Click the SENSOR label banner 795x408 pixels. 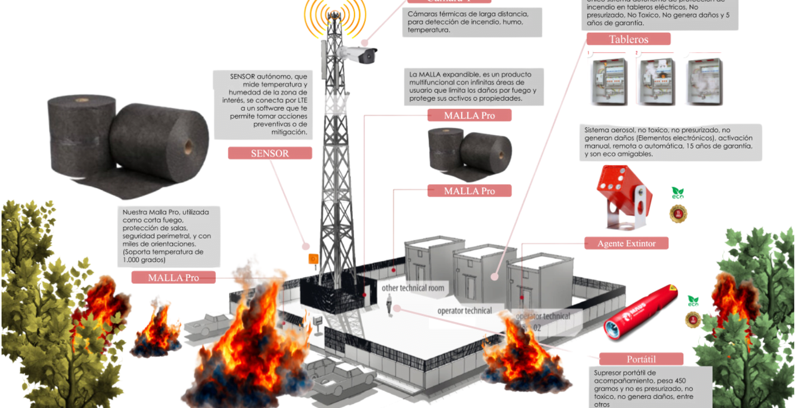tap(270, 153)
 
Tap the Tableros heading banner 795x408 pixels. tap(628, 39)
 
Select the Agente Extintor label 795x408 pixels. tap(626, 243)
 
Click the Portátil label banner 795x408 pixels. tap(641, 359)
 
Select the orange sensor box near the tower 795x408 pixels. tap(314, 259)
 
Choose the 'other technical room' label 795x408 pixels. tap(412, 288)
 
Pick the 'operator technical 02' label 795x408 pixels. tap(543, 321)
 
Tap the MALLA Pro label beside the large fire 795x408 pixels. tap(173, 278)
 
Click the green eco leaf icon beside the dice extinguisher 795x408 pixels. tap(677, 193)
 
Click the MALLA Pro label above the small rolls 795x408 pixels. tap(469, 116)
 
